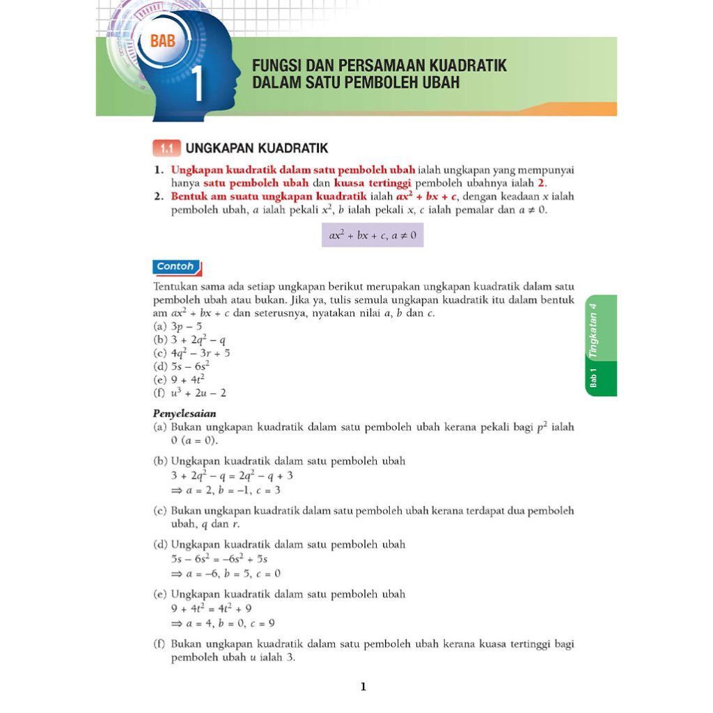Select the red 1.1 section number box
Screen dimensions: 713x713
click(x=166, y=148)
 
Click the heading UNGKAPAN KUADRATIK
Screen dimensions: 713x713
click(x=256, y=148)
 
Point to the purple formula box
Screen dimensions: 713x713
click(x=372, y=235)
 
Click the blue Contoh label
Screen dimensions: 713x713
click(x=175, y=266)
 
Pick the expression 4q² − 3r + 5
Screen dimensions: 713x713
click(x=201, y=353)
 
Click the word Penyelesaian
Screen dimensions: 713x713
click(x=185, y=413)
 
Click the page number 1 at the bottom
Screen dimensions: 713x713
click(x=363, y=687)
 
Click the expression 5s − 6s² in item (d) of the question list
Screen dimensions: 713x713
click(x=190, y=366)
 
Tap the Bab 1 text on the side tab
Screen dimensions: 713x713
click(x=593, y=377)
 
